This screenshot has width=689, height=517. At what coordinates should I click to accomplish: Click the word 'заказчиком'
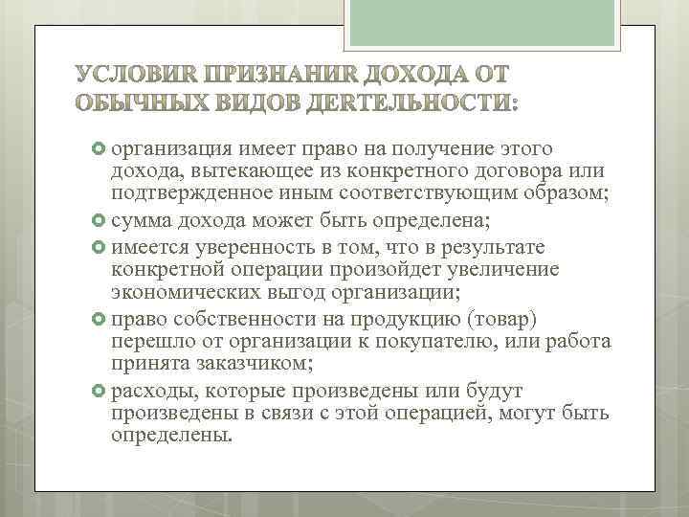(x=251, y=365)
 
